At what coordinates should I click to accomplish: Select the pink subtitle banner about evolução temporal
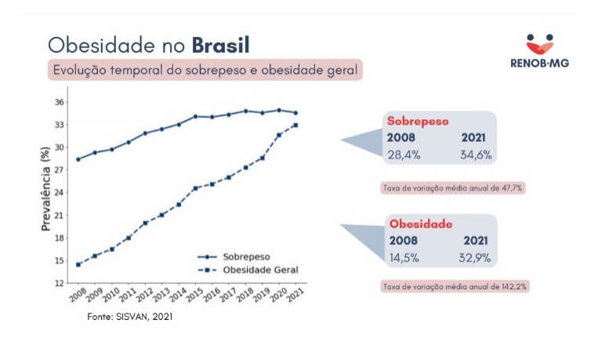point(205,70)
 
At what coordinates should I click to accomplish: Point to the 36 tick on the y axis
point(59,102)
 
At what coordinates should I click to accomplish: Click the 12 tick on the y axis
point(59,282)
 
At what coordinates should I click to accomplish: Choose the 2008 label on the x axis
point(77,296)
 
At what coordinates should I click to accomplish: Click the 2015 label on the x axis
point(194,296)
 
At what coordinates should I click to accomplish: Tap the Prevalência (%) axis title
point(45,193)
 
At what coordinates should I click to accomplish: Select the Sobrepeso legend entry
point(240,256)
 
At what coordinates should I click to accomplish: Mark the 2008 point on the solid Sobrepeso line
point(78,159)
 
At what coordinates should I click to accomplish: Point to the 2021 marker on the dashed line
point(295,125)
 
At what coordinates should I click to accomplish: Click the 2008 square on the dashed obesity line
point(78,264)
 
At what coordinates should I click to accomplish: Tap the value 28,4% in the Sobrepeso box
point(404,155)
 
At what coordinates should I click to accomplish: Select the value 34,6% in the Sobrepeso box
point(476,155)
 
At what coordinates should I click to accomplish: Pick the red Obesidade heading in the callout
point(419,224)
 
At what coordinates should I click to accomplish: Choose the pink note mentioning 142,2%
point(454,287)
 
